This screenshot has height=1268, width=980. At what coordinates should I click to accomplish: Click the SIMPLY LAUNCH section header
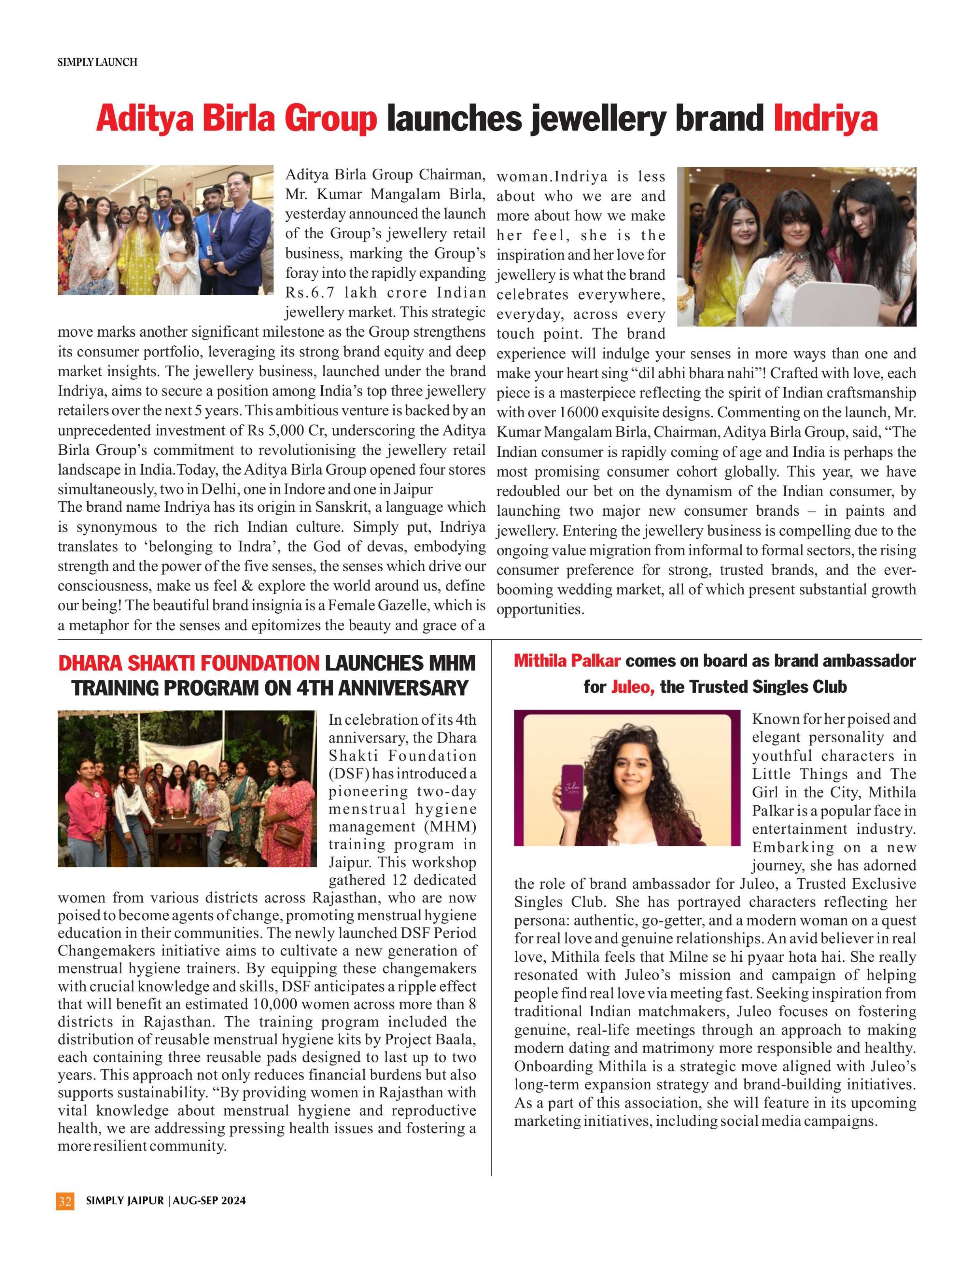tap(97, 62)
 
